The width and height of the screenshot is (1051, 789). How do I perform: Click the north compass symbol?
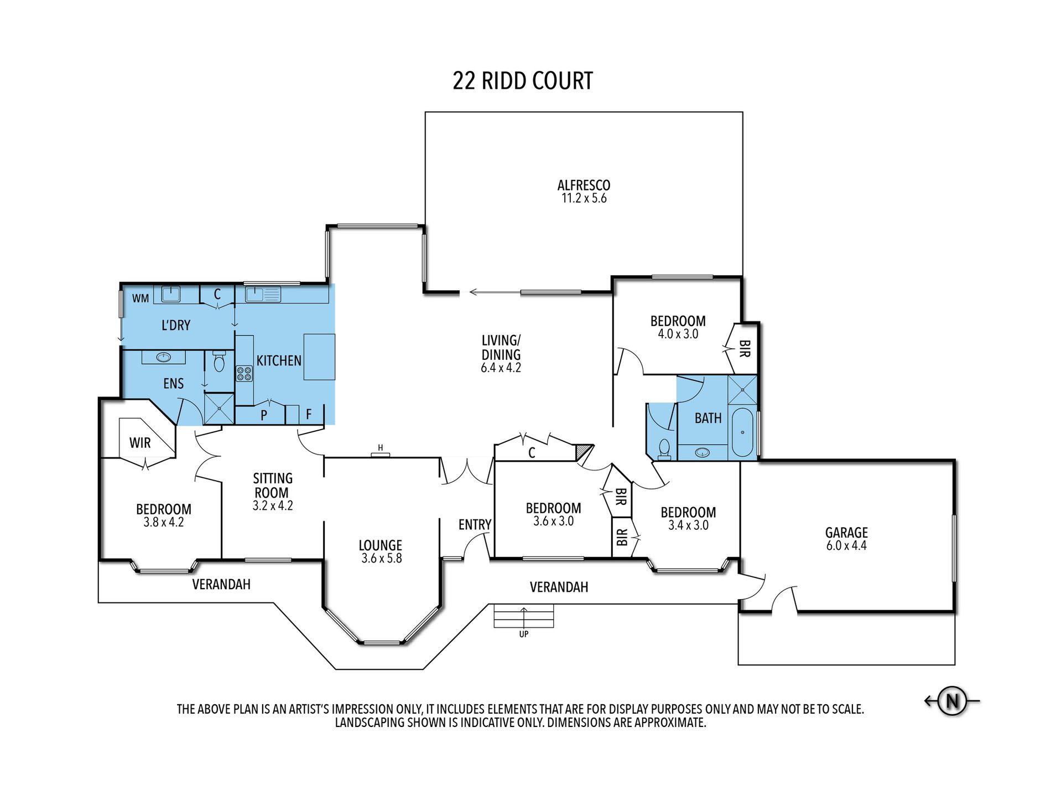(x=952, y=701)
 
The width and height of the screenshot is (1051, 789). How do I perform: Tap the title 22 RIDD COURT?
(x=523, y=81)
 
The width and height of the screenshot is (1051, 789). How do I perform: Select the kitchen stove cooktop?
(x=244, y=374)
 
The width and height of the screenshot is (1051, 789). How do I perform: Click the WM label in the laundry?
(x=141, y=298)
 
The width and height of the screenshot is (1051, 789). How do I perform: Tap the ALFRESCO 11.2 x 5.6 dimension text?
(x=584, y=198)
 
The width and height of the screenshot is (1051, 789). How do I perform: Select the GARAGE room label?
(x=846, y=532)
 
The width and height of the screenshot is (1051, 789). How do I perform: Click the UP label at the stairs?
(x=524, y=634)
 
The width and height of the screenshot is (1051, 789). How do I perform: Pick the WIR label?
(x=140, y=442)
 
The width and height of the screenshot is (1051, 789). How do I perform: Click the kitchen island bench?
(x=319, y=357)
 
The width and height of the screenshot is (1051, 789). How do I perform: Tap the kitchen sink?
(x=263, y=294)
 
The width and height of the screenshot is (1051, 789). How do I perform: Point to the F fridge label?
(x=309, y=414)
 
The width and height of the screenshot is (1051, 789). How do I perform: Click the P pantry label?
(x=264, y=415)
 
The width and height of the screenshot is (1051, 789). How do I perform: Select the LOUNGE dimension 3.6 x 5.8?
(x=382, y=558)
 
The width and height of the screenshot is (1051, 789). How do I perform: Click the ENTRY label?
(x=475, y=524)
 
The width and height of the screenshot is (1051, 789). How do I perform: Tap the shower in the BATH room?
(x=742, y=390)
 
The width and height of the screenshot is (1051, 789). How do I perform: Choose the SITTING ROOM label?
(x=272, y=485)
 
